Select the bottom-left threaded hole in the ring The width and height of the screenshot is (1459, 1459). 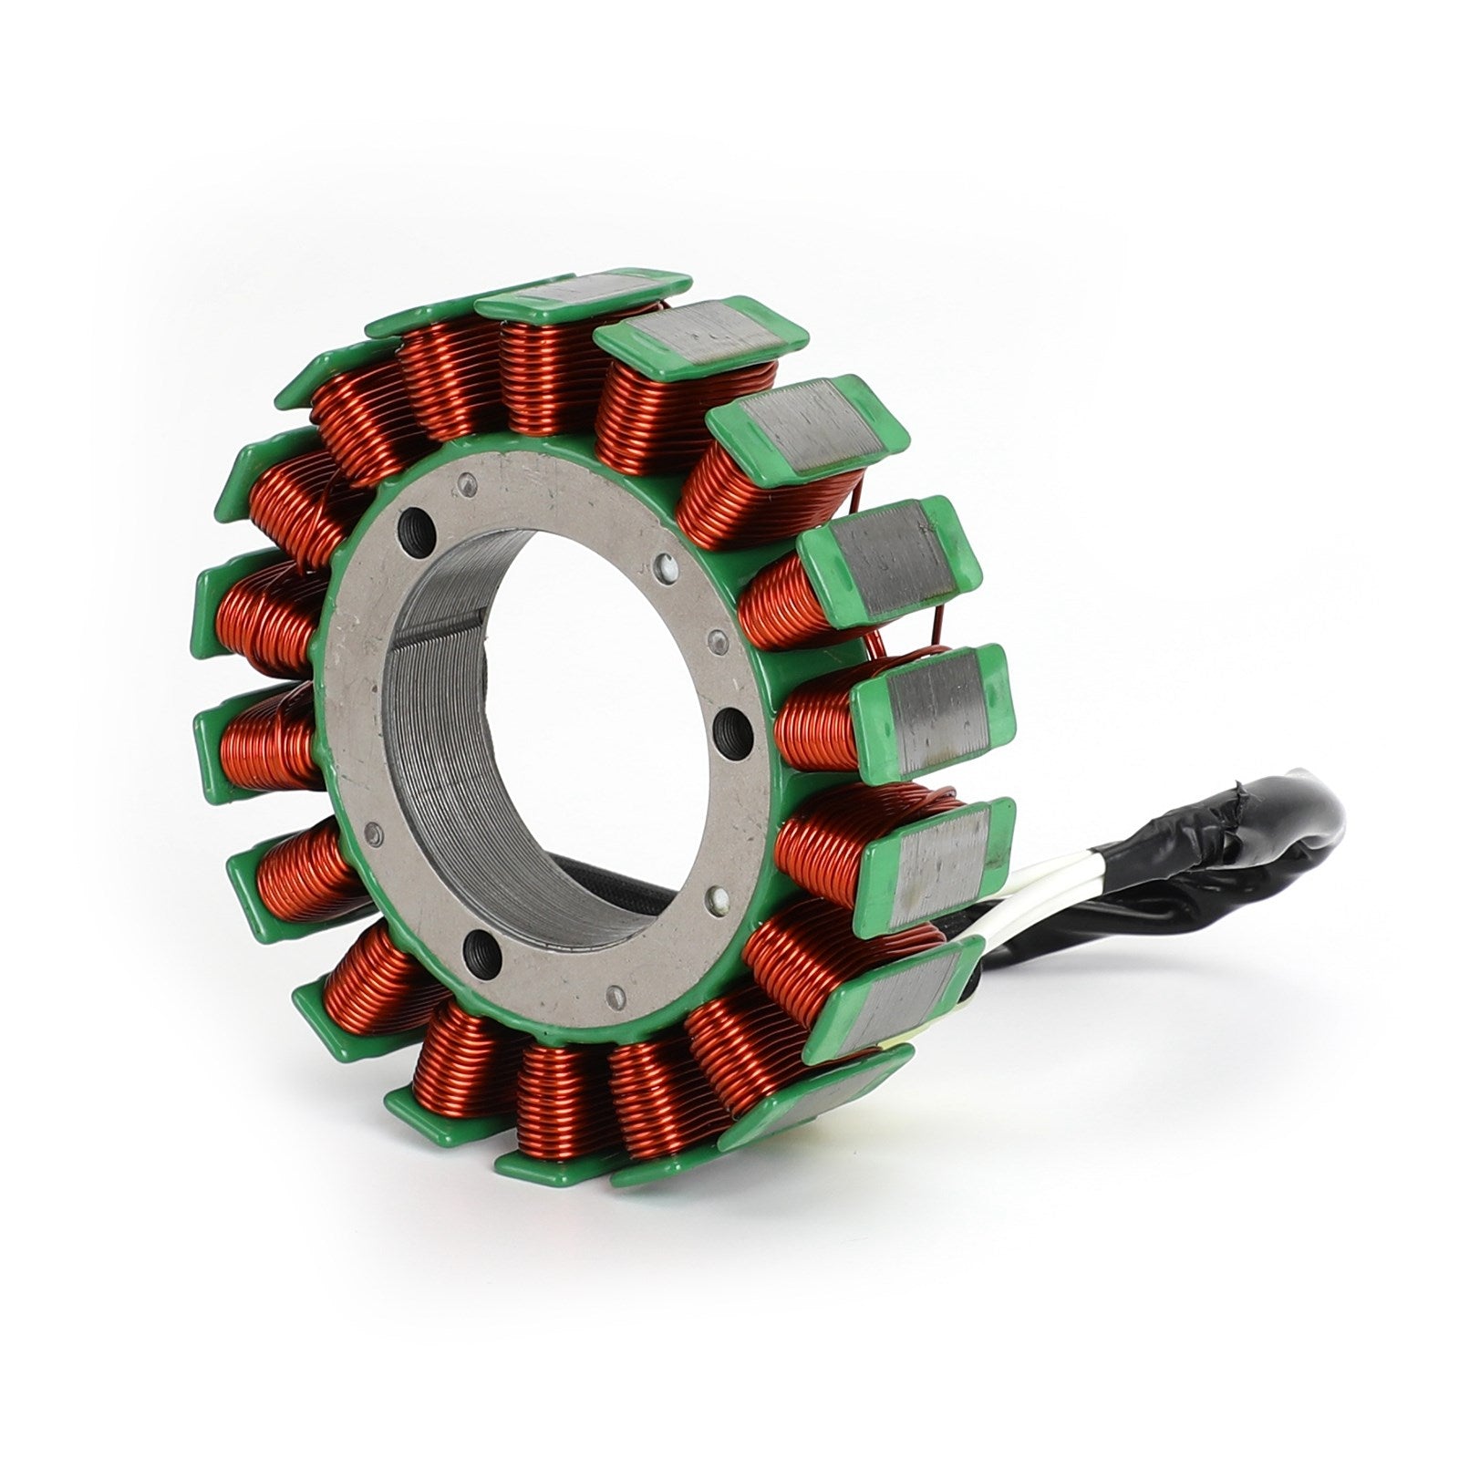pyautogui.click(x=482, y=953)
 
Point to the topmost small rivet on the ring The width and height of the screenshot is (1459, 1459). pyautogui.click(x=470, y=482)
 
